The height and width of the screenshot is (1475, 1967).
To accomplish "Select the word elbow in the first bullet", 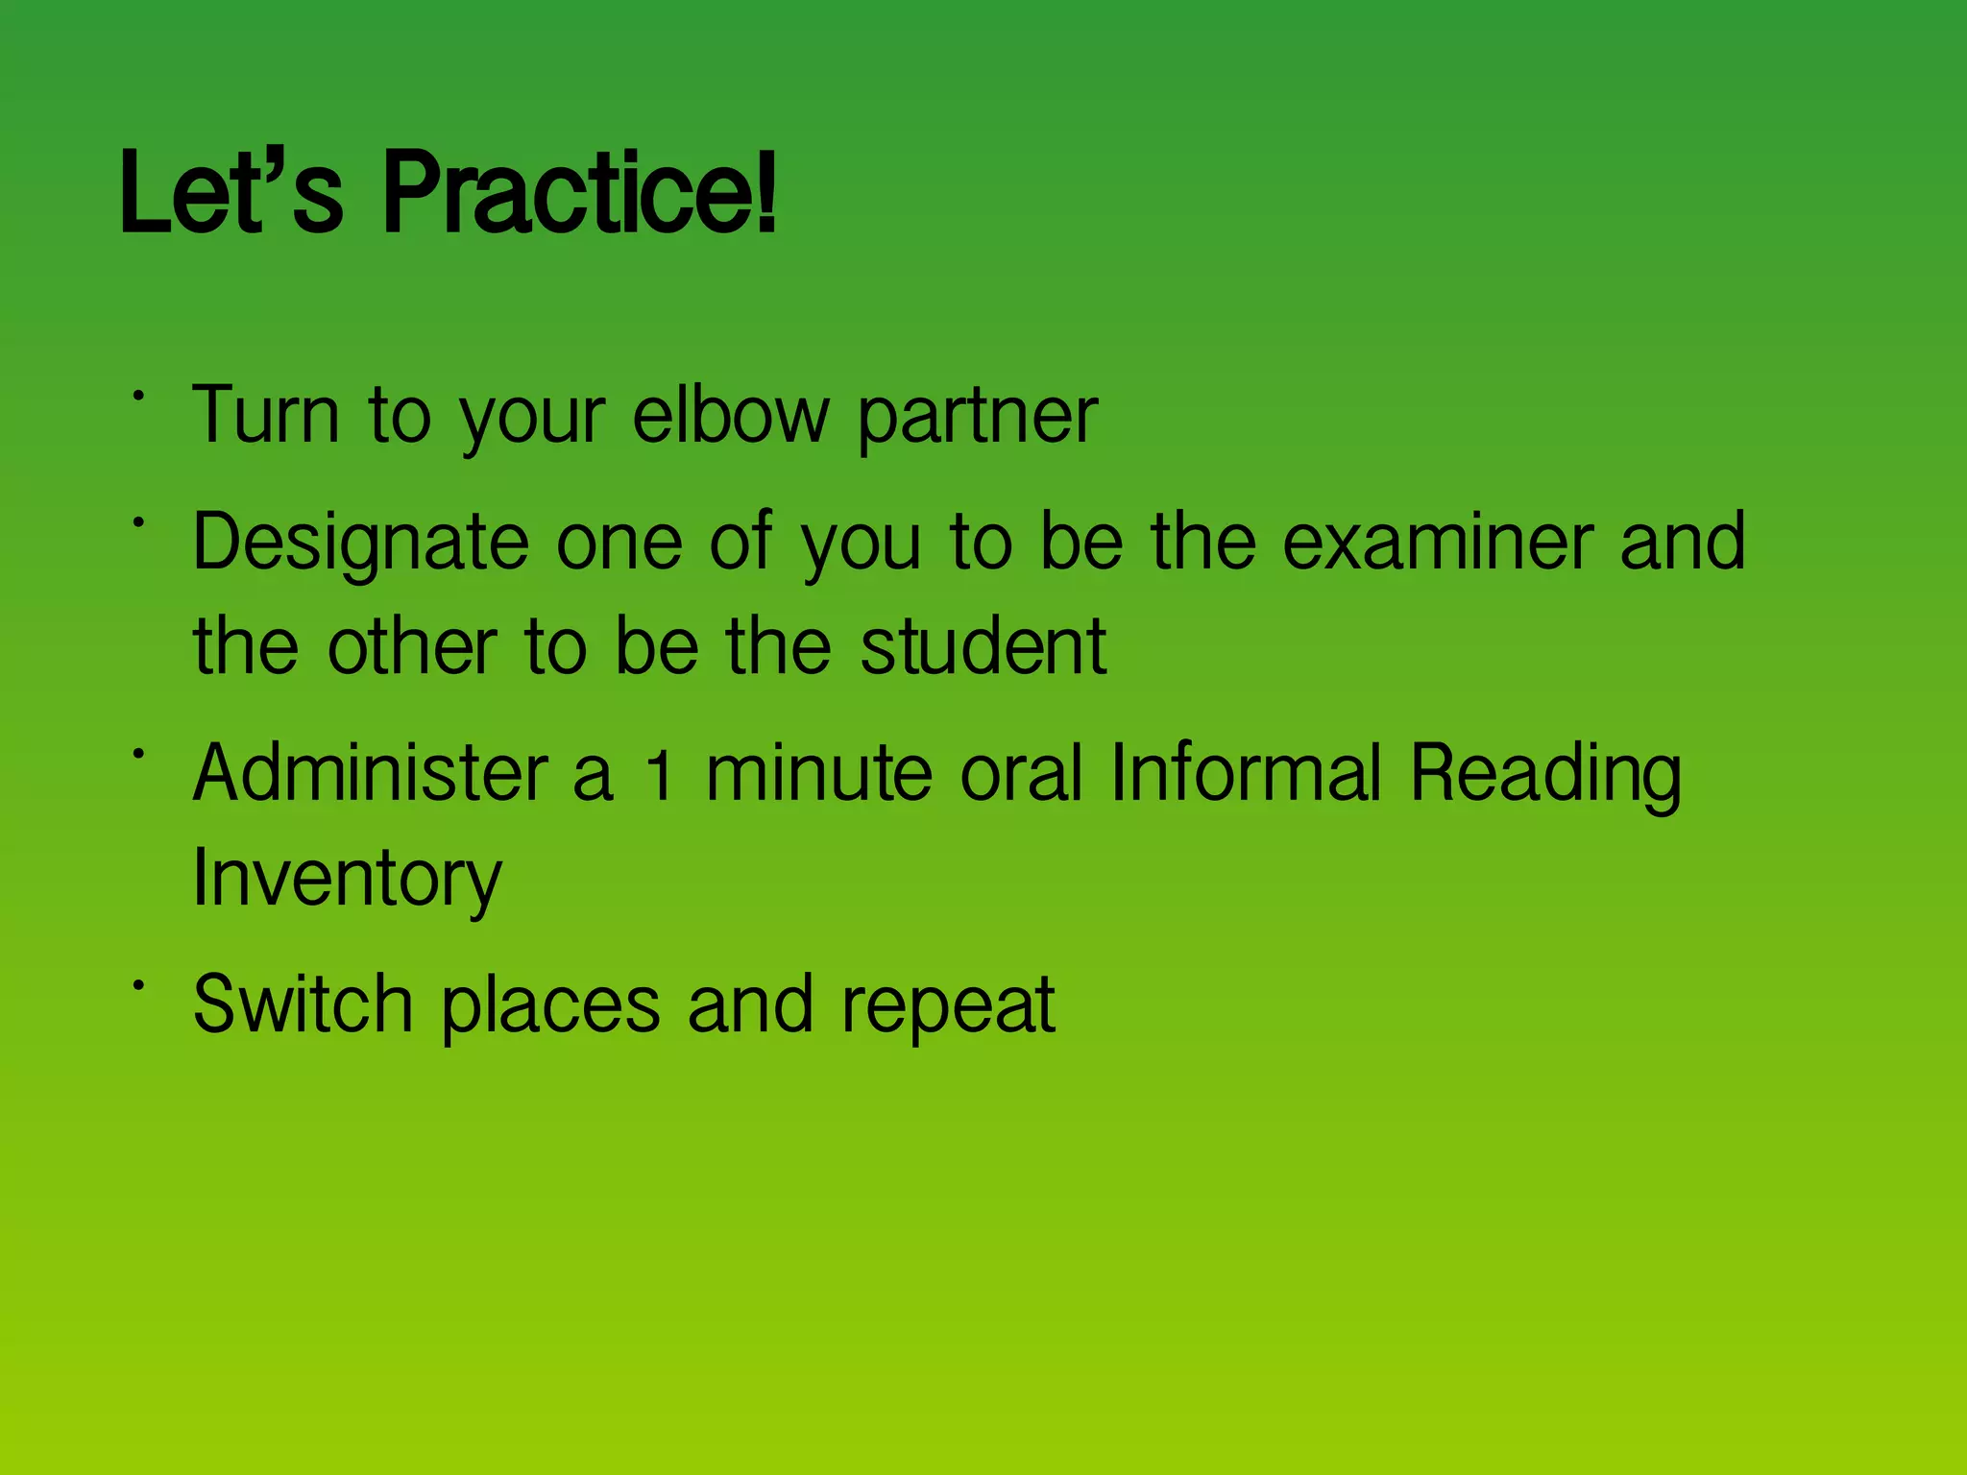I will point(730,415).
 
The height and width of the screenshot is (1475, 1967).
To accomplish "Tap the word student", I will point(983,645).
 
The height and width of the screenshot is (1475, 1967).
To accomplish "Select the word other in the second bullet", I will point(412,645).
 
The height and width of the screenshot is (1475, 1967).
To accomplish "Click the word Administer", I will point(371,772).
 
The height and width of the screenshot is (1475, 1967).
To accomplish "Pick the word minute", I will point(819,774).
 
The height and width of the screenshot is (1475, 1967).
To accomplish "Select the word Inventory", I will point(347,880).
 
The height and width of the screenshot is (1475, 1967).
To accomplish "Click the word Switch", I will point(303,1003).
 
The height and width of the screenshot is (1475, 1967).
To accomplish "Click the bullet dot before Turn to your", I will point(139,395).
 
